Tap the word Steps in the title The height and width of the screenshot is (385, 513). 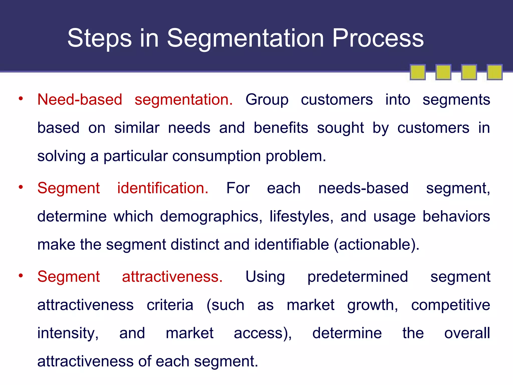(99, 38)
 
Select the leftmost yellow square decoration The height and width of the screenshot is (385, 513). (418, 72)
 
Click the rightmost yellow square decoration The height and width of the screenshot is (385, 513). (494, 72)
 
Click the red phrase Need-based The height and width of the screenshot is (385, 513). (80, 100)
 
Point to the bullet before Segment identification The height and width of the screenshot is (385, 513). (21, 187)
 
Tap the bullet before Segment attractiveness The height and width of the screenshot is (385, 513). (21, 275)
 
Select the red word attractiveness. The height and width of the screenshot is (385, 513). (172, 277)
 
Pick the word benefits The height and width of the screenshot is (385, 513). (281, 128)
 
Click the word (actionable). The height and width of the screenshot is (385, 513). (376, 245)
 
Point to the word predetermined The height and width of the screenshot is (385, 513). (358, 277)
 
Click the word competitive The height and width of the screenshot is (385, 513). (450, 305)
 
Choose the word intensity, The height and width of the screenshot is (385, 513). (68, 334)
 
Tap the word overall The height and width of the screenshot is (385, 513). (467, 333)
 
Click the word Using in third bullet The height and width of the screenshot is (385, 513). (265, 277)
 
